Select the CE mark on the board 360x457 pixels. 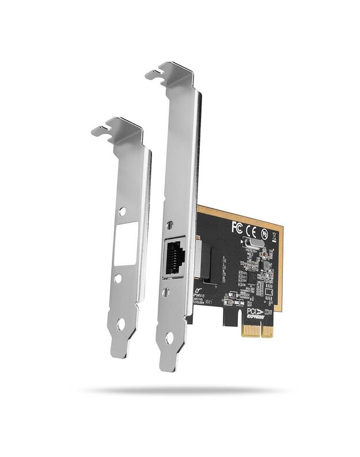(251, 231)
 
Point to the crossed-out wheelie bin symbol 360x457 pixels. (274, 236)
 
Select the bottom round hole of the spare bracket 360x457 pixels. (121, 324)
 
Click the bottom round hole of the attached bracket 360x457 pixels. (169, 338)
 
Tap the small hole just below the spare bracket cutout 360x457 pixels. (118, 279)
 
